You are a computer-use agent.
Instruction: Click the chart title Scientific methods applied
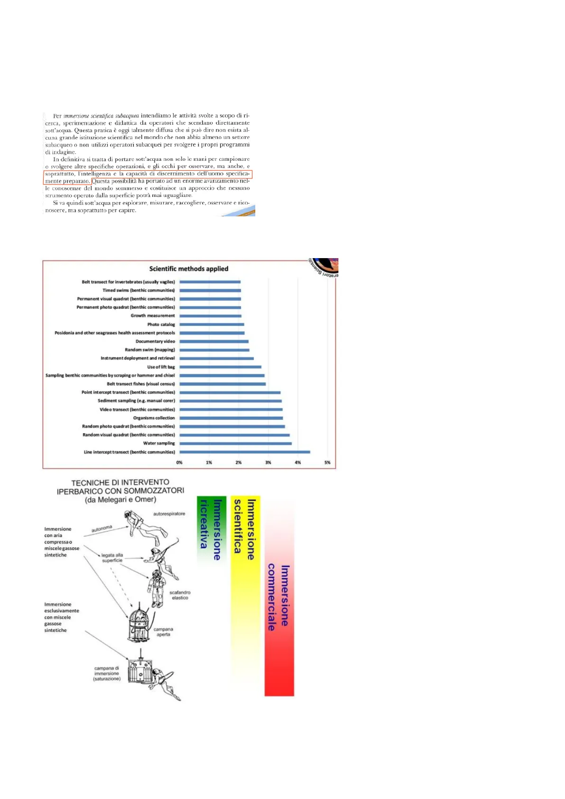(x=189, y=269)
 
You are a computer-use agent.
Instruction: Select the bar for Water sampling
(x=235, y=444)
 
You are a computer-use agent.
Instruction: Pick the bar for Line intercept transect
(x=244, y=452)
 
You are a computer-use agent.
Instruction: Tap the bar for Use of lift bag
(x=220, y=367)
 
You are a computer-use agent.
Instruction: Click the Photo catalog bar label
(x=161, y=325)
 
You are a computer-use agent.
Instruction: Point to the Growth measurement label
(x=153, y=316)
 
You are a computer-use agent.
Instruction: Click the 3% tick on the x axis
(x=268, y=463)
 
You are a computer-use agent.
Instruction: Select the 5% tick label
(x=327, y=463)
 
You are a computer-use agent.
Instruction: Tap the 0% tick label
(x=179, y=463)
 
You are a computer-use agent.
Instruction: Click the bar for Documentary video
(x=214, y=342)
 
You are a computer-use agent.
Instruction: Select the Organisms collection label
(x=154, y=418)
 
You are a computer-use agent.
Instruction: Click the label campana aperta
(x=163, y=632)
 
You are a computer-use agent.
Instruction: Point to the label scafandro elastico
(x=180, y=595)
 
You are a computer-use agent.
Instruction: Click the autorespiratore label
(x=169, y=514)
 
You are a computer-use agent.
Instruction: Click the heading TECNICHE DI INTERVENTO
(x=120, y=483)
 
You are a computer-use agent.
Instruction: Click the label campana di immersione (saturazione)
(x=107, y=674)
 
